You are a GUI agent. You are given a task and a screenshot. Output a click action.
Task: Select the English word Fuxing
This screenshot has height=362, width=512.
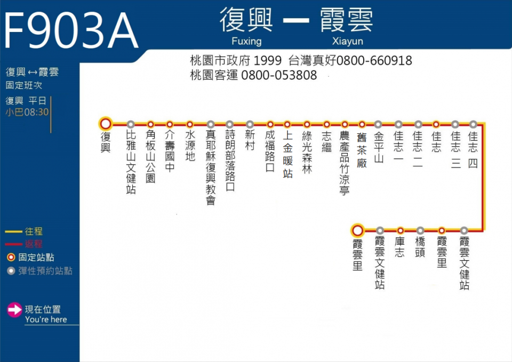pos(246,41)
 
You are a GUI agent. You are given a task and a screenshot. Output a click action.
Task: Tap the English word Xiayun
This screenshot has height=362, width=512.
pos(347,41)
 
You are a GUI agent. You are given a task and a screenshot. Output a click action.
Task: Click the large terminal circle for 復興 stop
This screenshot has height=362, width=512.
pos(106,124)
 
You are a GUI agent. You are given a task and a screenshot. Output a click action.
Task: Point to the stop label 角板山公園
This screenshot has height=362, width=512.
pos(150,156)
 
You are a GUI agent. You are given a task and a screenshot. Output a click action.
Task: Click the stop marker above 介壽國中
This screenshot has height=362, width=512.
pos(170,124)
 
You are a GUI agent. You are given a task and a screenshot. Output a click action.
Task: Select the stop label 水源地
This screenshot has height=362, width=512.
pos(190,146)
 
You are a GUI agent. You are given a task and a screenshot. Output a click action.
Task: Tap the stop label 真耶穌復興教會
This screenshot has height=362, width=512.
pos(211,167)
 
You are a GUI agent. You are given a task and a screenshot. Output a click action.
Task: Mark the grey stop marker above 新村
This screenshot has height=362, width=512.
pos(250,124)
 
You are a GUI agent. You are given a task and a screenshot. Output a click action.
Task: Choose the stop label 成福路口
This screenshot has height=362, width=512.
pos(270,151)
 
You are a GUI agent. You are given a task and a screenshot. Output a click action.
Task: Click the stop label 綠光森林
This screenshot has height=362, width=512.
pos(307,152)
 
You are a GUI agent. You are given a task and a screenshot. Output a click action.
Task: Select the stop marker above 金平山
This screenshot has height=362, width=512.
pos(378,124)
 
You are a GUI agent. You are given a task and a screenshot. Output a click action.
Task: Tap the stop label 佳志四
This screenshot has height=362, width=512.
pos(473,149)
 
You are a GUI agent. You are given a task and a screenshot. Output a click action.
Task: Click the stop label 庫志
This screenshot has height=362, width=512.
pos(400,247)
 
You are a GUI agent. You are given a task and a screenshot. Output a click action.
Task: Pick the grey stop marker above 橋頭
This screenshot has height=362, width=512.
pos(420,230)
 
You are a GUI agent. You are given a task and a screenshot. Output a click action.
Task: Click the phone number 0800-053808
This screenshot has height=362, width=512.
pos(279,75)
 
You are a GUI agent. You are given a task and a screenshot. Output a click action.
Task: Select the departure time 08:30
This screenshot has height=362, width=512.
pos(36,112)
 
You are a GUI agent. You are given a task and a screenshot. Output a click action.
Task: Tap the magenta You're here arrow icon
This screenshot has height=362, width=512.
pos(15,310)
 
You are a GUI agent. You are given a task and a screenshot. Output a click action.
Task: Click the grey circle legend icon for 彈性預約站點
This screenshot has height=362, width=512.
pos(11,271)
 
